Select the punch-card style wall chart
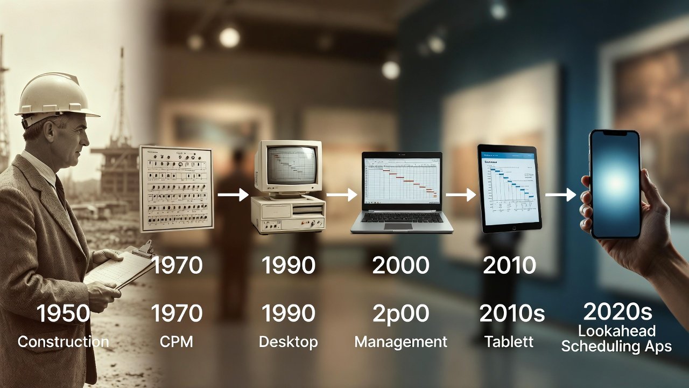(176, 189)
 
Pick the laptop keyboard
(401, 218)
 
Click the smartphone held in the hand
(615, 183)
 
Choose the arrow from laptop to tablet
(460, 195)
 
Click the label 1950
(63, 314)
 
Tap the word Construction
(63, 342)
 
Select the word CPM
(176, 342)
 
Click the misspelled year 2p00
(400, 314)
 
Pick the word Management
(400, 342)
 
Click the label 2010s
(512, 314)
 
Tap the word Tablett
(509, 342)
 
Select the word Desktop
(288, 342)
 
